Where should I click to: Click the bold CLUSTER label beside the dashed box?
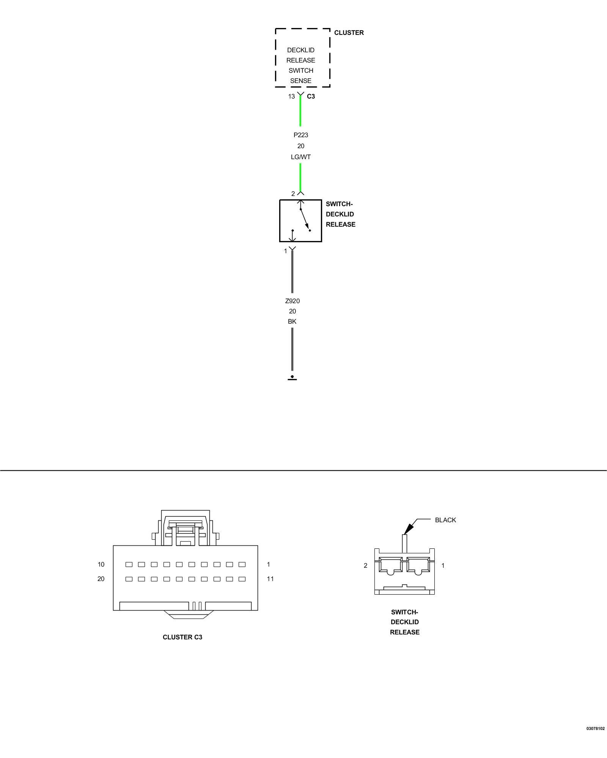[349, 33]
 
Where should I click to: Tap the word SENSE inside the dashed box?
[300, 81]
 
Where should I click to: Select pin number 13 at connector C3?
[291, 96]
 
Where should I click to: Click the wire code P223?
[300, 135]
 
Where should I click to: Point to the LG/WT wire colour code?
[300, 157]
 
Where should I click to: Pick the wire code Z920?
[292, 301]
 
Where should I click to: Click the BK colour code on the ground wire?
[292, 321]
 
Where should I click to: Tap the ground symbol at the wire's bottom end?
[292, 377]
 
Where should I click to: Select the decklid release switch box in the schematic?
[300, 221]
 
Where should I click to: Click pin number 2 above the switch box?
[293, 194]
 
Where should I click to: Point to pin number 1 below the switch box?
[286, 251]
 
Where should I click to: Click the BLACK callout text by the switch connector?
[445, 520]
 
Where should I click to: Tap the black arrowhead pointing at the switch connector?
[408, 529]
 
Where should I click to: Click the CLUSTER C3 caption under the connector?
[182, 637]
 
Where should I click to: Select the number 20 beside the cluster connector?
[101, 579]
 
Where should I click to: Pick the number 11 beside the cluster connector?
[270, 579]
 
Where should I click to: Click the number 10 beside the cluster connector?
[101, 564]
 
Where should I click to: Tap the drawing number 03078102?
[595, 728]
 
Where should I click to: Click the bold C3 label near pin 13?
[311, 96]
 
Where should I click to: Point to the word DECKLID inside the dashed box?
[300, 50]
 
